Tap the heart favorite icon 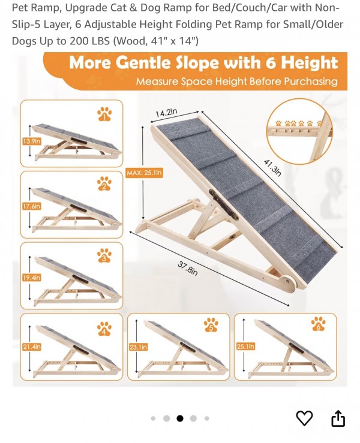point(304,418)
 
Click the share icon point(338,418)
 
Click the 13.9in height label point(32,141)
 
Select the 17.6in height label point(32,207)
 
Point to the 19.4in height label point(32,278)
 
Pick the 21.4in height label point(32,346)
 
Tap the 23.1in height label point(138,346)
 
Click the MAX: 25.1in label point(144,173)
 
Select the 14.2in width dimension point(167,113)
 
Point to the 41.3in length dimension point(272,168)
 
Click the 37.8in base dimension point(187,269)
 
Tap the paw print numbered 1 point(104,114)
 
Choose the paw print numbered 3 point(104,256)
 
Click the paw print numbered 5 point(211,325)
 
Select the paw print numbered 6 point(318,324)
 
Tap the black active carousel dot point(180,418)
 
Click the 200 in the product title point(79,41)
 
